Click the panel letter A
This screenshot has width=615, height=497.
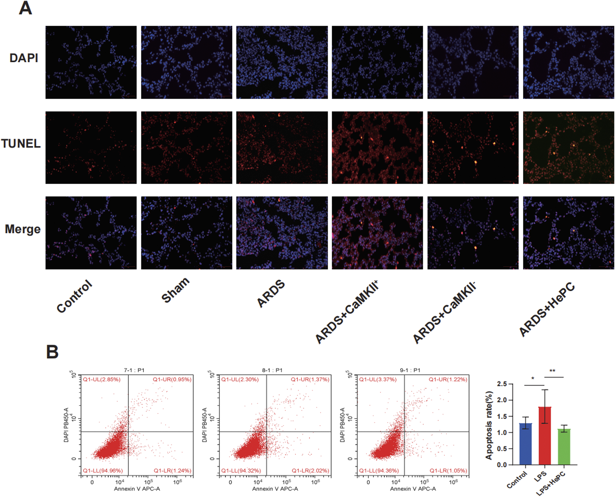25,8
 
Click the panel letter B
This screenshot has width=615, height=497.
52,352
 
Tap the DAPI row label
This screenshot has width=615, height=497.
24,58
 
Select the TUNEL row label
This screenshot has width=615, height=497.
21,144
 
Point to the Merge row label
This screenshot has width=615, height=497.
23,229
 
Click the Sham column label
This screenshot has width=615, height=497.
176,290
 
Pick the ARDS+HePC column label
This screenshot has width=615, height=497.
547,310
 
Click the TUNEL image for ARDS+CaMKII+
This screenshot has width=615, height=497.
377,147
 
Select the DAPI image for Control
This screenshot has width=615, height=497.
91,62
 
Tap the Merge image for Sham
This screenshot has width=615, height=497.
186,233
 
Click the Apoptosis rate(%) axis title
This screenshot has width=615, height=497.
489,425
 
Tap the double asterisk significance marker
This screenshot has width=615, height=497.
552,371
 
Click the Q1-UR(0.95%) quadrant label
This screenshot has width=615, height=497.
172,379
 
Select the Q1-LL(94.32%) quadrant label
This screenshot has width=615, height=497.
241,471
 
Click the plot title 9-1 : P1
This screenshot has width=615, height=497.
410,370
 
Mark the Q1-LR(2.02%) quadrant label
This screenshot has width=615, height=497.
310,471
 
